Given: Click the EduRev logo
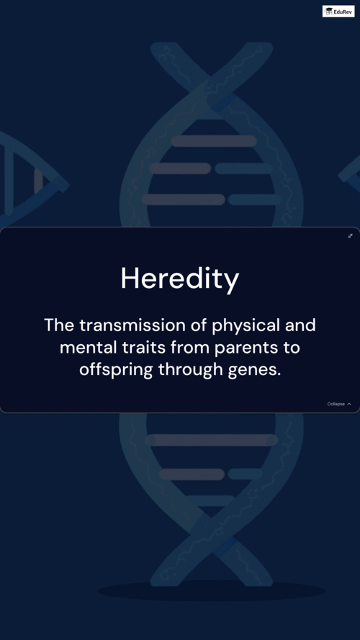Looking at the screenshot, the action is click(x=338, y=11).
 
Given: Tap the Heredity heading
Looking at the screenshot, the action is click(x=180, y=279).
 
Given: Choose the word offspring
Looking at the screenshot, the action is click(x=116, y=371).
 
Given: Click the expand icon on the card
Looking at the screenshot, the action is click(x=350, y=236).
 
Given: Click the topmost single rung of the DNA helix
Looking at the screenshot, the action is click(x=214, y=141).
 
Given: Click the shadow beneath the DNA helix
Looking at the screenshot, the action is click(x=212, y=590).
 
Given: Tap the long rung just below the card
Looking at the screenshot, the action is click(x=212, y=440).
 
